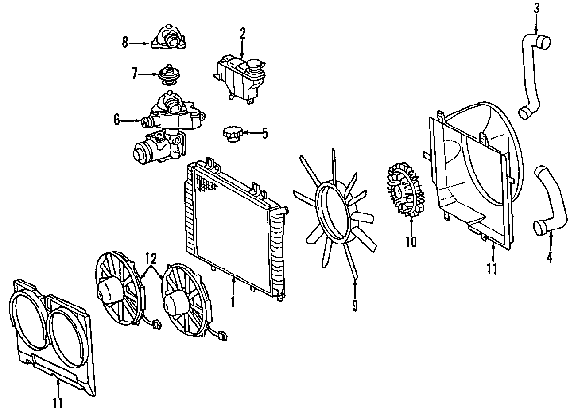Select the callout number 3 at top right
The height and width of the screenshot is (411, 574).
coord(536,8)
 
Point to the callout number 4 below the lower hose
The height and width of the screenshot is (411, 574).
coord(550,257)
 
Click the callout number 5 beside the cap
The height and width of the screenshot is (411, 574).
coord(264,133)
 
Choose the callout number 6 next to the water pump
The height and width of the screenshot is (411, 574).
coord(117,120)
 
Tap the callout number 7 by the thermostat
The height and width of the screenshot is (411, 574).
coord(135,74)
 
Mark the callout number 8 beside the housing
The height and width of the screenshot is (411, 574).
coord(125,43)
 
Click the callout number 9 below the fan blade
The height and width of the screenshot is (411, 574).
coord(355,305)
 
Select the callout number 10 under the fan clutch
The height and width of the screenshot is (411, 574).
coord(411,241)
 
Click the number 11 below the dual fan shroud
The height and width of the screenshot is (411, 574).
coord(58,403)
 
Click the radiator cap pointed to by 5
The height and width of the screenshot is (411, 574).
coord(232,133)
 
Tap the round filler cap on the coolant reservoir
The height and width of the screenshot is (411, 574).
coord(255,68)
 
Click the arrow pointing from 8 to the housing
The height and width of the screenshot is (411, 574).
coord(140,43)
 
